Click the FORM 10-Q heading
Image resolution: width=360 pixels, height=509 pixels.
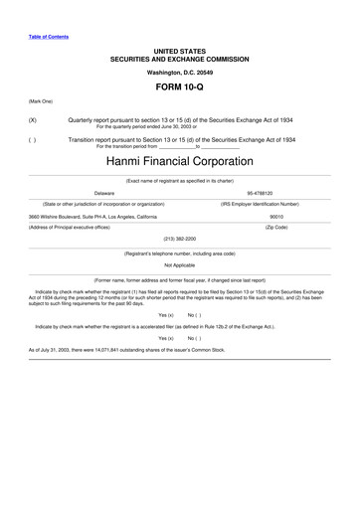(x=179, y=87)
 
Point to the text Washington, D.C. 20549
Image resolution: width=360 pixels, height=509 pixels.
(x=179, y=73)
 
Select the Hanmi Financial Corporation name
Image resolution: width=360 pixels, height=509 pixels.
(x=179, y=160)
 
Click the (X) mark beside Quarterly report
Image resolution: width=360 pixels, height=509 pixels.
(x=33, y=120)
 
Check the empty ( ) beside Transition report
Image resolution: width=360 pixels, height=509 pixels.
(x=33, y=140)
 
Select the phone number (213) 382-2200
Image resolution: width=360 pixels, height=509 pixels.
(x=179, y=239)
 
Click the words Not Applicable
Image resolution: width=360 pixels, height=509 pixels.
(x=180, y=265)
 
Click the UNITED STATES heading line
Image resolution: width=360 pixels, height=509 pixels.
(x=179, y=49)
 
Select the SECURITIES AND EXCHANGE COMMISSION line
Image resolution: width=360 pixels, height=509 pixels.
(x=179, y=58)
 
